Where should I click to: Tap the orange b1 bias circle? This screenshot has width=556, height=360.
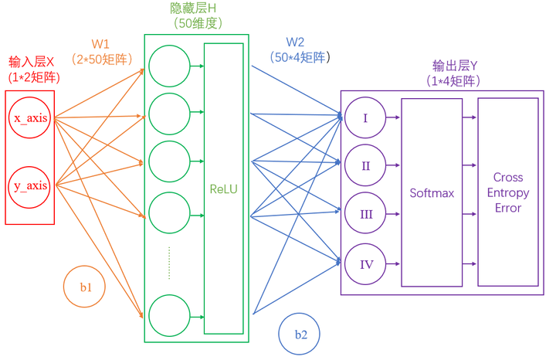[x=86, y=287]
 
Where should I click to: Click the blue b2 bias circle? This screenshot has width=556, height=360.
[x=300, y=335]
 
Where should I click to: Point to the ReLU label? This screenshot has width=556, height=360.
[x=223, y=188]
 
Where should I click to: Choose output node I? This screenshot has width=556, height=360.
[x=367, y=118]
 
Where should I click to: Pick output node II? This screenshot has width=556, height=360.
[x=367, y=166]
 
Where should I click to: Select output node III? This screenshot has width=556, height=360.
[x=367, y=215]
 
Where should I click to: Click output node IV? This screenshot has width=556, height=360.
[x=367, y=264]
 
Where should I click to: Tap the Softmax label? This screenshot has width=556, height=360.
[x=432, y=193]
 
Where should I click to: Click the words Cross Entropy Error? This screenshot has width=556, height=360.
[x=507, y=192]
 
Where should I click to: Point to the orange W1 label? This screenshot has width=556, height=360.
[x=100, y=44]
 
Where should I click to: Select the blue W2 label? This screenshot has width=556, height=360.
[x=295, y=42]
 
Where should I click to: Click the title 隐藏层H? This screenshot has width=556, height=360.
[x=193, y=8]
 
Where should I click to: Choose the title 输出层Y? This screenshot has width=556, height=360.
[x=456, y=66]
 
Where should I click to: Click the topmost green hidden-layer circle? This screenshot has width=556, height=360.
[x=169, y=66]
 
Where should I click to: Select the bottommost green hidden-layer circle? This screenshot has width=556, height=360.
[x=169, y=315]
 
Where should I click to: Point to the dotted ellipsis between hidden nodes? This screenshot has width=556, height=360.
[x=169, y=262]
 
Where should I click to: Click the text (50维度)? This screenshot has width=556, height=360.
[x=196, y=24]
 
